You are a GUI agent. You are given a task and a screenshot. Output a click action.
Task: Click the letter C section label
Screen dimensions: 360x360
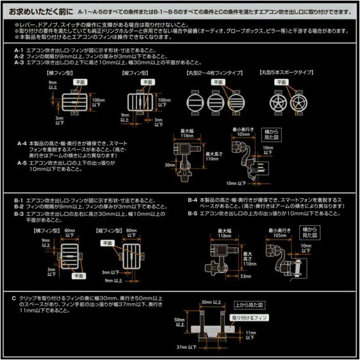coord(13,298)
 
